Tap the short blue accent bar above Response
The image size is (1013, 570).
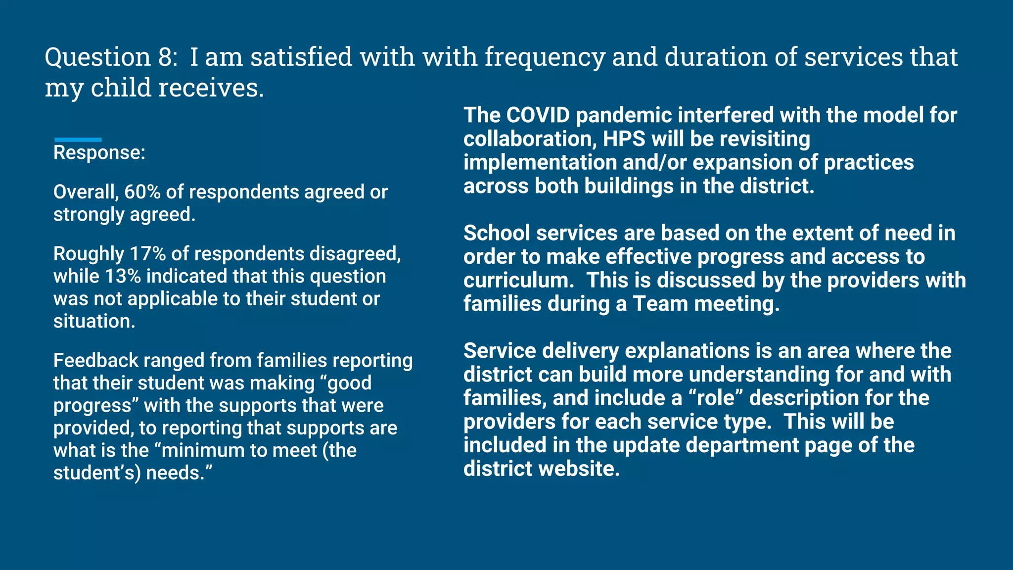coord(78,140)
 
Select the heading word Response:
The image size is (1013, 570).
coord(99,153)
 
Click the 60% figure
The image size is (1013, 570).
coord(142,192)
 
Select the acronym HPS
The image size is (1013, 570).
coord(624,139)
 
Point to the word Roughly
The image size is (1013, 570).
coord(89,254)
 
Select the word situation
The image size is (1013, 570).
coord(93,322)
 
